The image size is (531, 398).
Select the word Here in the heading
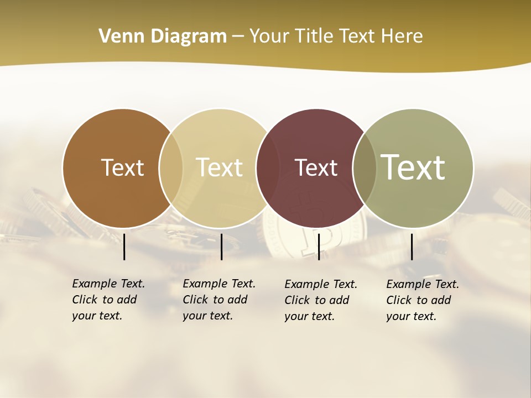point(403,36)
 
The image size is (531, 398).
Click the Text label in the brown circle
point(122,167)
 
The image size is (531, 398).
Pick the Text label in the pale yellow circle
point(220,167)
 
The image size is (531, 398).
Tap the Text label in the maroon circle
point(316,167)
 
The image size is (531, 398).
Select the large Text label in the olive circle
point(413,167)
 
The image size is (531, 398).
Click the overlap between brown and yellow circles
point(171,168)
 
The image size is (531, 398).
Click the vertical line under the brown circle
point(124,247)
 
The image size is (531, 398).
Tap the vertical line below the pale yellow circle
point(221,247)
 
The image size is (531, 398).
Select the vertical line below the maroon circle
point(319,247)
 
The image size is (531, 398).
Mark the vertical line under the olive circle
point(412,247)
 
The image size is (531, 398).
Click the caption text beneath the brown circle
point(108,300)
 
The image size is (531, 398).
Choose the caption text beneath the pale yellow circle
point(218,300)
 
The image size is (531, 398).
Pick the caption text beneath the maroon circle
point(320,300)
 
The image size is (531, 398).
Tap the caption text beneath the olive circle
point(422,300)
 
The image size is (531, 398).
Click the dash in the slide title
point(238,37)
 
